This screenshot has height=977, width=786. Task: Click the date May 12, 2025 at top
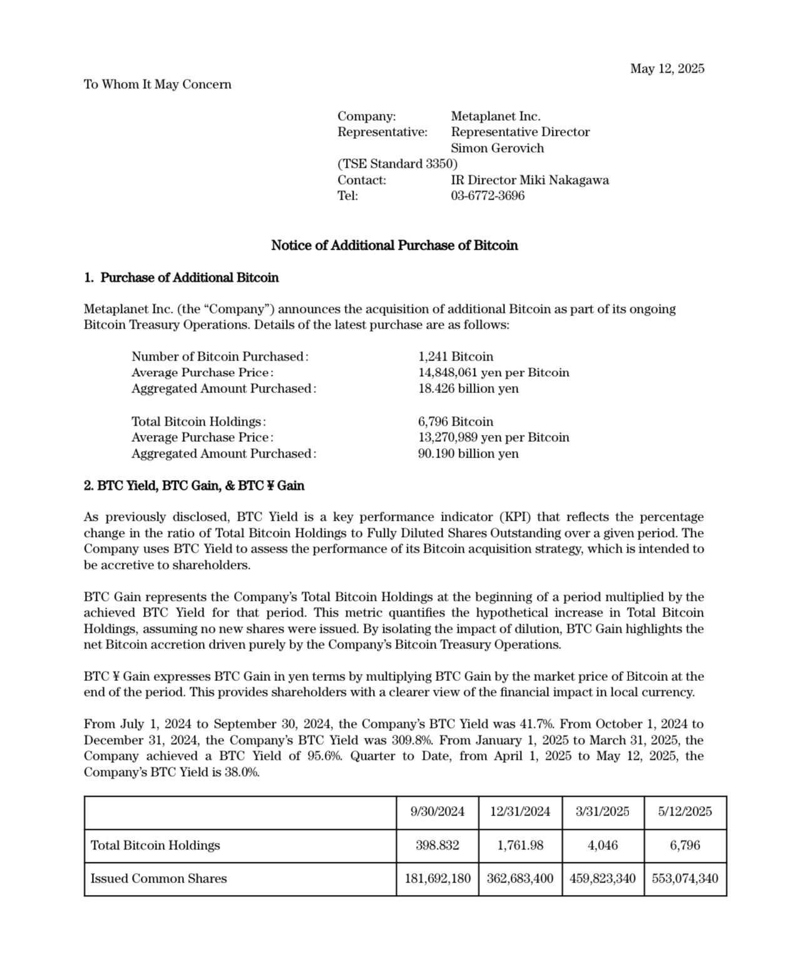coord(666,68)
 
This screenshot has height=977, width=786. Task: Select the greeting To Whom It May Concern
coord(158,84)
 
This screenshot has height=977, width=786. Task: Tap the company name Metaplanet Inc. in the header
coord(496,116)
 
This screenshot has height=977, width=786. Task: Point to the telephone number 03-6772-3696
coord(487,196)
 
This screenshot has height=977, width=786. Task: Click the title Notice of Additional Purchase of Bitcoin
coord(394,245)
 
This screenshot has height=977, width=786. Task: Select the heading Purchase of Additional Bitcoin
coord(189,277)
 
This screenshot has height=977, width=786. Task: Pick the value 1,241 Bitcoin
coord(456,357)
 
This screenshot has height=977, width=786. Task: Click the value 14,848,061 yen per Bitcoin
coord(494,372)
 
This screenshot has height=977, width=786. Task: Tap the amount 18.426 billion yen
coord(468,389)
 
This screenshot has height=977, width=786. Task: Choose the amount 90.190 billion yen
coord(468,454)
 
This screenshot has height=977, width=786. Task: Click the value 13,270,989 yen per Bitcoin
coord(494,437)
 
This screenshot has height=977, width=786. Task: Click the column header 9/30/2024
coord(437,812)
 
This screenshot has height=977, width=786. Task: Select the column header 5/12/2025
coord(685,812)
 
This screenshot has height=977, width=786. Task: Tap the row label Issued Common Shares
coord(159,879)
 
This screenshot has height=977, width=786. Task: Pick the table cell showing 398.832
coord(437,846)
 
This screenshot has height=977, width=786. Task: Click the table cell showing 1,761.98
coord(520,846)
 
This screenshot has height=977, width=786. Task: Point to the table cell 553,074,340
coord(685,879)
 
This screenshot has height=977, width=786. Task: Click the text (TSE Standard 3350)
coord(397,164)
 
